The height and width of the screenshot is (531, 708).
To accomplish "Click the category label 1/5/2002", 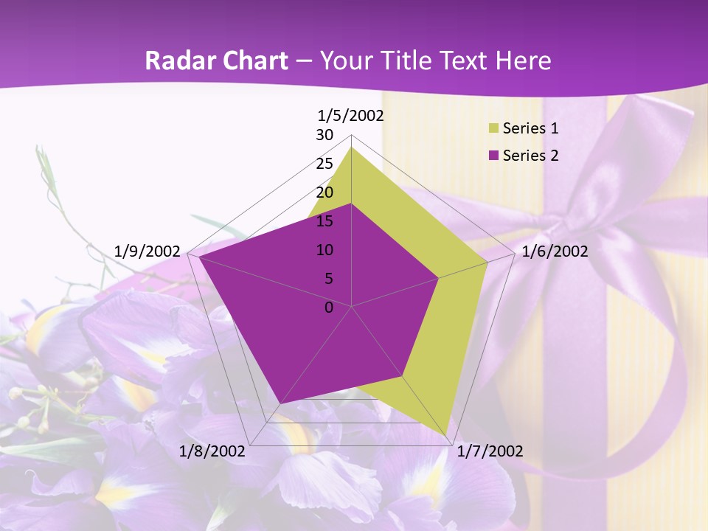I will click(x=351, y=116).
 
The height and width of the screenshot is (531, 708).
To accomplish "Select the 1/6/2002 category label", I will click(x=555, y=251).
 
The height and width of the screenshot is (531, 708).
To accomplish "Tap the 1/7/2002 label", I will click(x=490, y=451).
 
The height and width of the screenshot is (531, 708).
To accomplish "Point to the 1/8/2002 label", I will click(x=212, y=451).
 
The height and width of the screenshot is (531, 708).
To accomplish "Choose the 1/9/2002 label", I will click(x=147, y=251).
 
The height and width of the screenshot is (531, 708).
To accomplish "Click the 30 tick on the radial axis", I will click(x=324, y=135).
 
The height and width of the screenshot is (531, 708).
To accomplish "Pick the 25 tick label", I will click(x=324, y=164).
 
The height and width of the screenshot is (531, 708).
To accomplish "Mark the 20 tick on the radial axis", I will click(x=324, y=192).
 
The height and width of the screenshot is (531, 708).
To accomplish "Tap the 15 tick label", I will click(x=324, y=221).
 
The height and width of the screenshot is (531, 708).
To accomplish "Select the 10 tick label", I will click(x=324, y=250).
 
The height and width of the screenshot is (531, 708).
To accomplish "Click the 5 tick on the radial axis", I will click(x=329, y=279).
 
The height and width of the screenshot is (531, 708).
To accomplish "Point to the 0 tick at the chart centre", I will click(x=329, y=308).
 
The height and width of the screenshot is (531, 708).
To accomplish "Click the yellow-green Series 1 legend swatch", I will click(x=493, y=129).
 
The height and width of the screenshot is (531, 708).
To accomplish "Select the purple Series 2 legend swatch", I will click(x=493, y=156).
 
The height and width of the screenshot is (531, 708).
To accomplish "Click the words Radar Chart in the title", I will click(x=216, y=61).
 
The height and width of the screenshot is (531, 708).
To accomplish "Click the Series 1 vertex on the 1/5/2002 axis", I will click(x=351, y=147).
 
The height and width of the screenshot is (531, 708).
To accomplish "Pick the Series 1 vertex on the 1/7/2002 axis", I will click(x=446, y=437).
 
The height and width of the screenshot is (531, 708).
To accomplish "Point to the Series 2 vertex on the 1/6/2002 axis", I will click(x=438, y=278).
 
